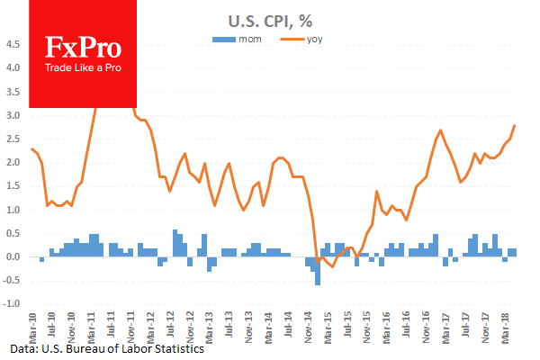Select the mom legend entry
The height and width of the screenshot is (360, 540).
pyautogui.click(x=237, y=39)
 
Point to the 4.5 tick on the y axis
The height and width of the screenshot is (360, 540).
pyautogui.click(x=15, y=44)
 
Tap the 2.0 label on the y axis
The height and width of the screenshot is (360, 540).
pyautogui.click(x=15, y=163)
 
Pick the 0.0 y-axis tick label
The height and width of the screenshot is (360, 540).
pyautogui.click(x=15, y=257)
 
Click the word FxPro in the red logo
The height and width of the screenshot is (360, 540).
pyautogui.click(x=84, y=49)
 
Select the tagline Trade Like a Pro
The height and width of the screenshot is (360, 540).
pyautogui.click(x=84, y=68)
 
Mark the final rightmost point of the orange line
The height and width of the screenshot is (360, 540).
pyautogui.click(x=515, y=125)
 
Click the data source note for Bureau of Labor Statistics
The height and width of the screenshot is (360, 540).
pyautogui.click(x=108, y=349)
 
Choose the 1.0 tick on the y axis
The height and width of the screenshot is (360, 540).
pyautogui.click(x=15, y=210)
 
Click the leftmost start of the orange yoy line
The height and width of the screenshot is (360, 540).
pyautogui.click(x=31, y=148)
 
